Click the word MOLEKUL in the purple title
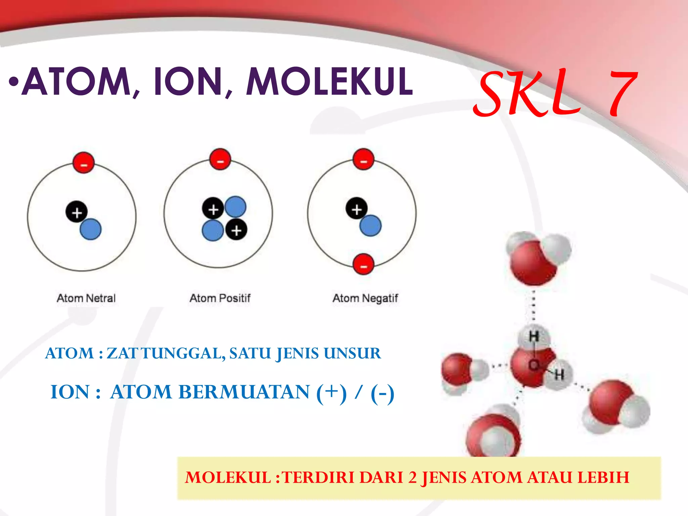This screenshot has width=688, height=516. coord(329,81)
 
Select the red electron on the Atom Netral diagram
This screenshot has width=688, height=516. coord(84,163)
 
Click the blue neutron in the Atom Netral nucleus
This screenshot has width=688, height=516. coord(91,229)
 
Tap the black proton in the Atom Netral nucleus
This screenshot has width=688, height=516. coord(77,212)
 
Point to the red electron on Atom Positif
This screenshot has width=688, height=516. coord(220,159)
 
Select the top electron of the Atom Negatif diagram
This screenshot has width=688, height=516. coord(363,159)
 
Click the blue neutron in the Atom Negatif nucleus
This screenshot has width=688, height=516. coord(371,225)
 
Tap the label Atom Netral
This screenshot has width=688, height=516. coord(86,298)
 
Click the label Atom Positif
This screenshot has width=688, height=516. coord(220,298)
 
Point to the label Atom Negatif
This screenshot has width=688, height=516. coord(365,298)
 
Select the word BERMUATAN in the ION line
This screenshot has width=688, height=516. coord(210,392)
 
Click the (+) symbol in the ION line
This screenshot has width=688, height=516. coord(331,392)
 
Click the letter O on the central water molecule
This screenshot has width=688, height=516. coord(533,365)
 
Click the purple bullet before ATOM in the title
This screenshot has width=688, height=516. coord(13,82)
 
